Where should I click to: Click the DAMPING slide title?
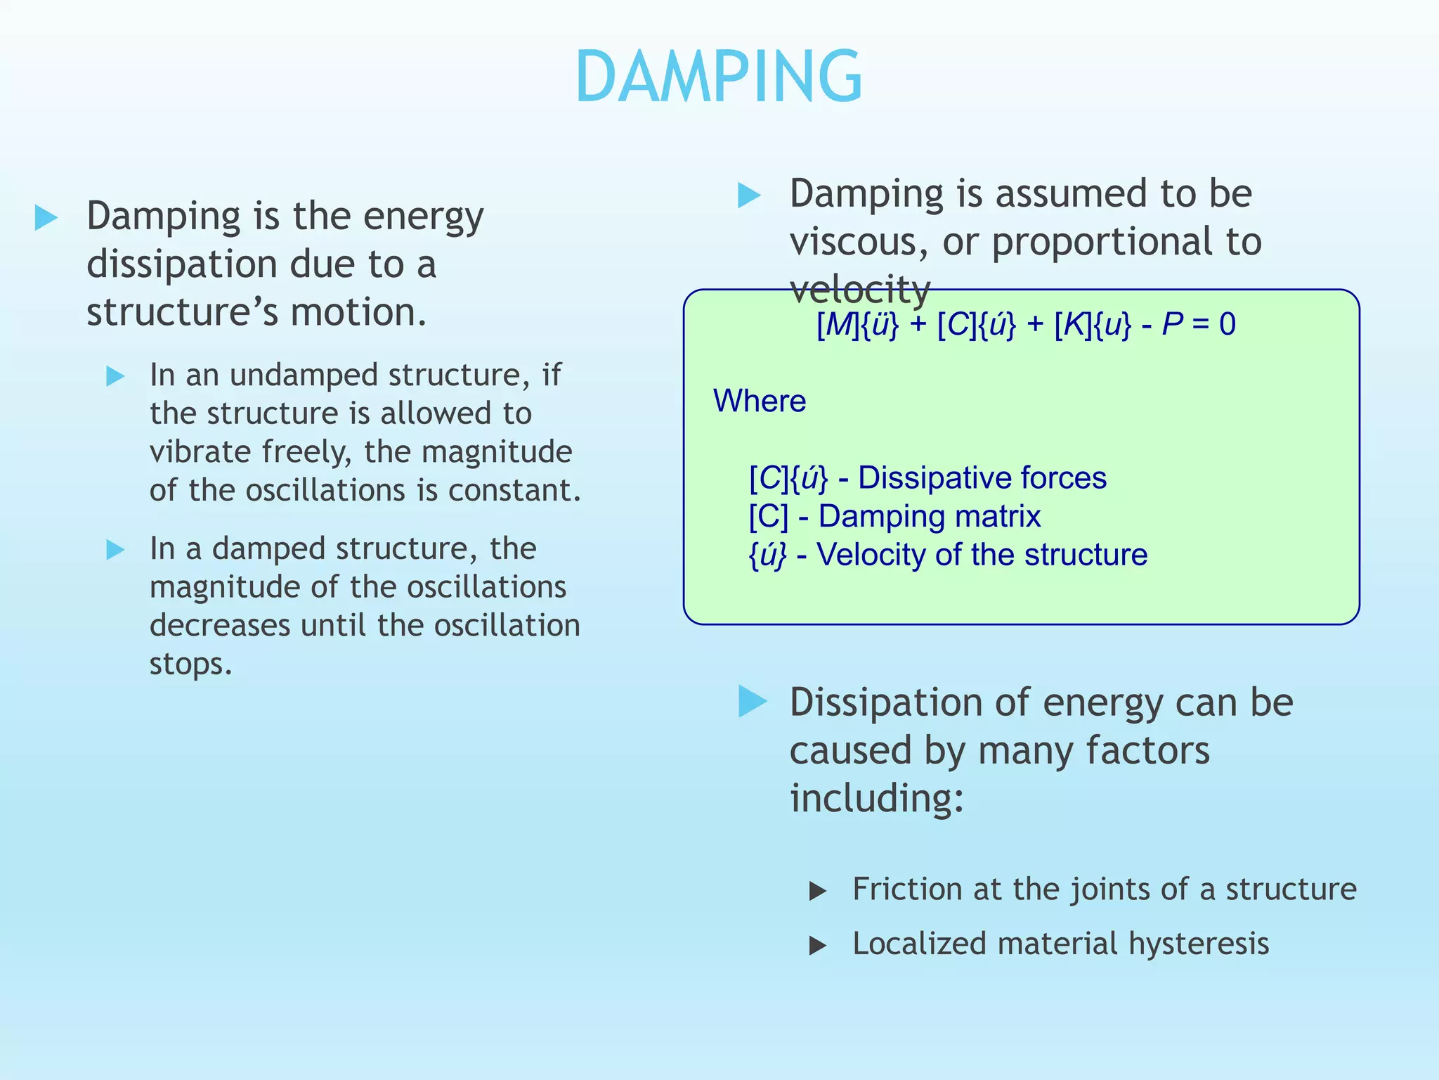(718, 77)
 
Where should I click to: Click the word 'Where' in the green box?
(760, 401)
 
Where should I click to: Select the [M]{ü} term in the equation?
(857, 325)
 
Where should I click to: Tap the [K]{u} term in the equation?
(1093, 325)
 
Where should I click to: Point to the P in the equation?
(1172, 325)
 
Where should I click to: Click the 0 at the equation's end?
(1227, 325)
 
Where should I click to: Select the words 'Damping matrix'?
(929, 517)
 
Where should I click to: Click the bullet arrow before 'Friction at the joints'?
(817, 892)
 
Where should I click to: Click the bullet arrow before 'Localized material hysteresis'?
(817, 946)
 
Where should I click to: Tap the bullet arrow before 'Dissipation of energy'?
(753, 702)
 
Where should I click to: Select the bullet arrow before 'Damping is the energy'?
(46, 218)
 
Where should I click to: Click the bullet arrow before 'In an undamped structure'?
(115, 376)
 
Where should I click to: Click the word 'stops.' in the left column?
(190, 664)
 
